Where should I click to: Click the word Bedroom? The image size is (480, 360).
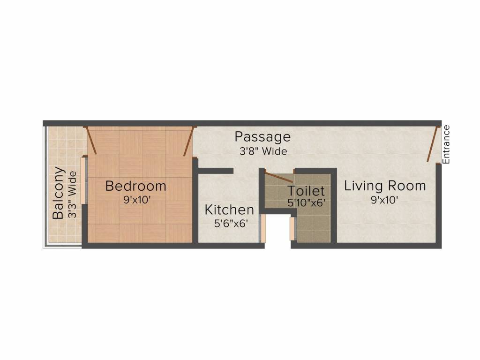[x=135, y=186]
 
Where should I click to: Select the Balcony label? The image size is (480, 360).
[x=58, y=193]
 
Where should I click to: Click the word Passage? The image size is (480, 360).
[x=262, y=137]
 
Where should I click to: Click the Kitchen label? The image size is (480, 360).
[x=229, y=210]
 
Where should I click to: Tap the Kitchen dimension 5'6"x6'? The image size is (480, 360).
[x=231, y=224]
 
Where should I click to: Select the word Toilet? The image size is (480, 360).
[x=306, y=191]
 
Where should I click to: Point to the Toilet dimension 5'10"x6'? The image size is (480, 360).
[x=307, y=203]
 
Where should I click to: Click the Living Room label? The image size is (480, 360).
[x=385, y=186]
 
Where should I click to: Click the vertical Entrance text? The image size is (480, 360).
[x=446, y=144]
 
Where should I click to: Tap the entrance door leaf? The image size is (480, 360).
[x=433, y=144]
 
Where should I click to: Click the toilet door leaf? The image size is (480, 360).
[x=279, y=177]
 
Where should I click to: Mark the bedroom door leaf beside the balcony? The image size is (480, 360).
[x=91, y=141]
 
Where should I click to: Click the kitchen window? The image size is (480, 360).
[x=263, y=228]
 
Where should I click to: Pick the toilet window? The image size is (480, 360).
[x=292, y=229]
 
